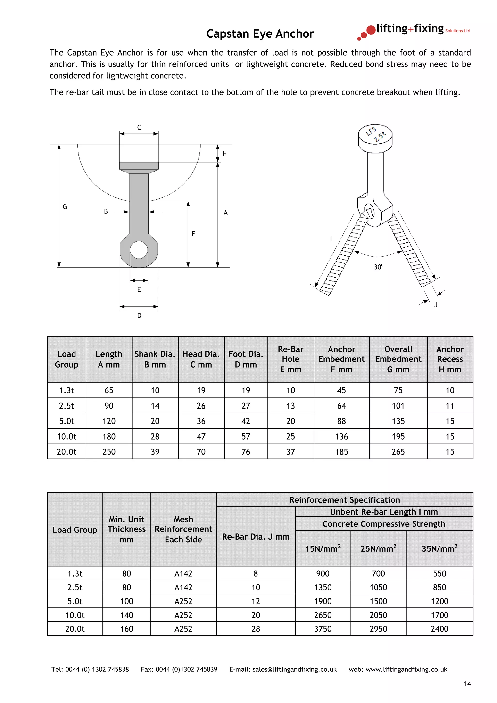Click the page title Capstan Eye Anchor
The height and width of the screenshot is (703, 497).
coord(260,34)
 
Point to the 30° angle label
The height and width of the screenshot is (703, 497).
coord(379,267)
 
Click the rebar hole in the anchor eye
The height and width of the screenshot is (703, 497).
coord(139,250)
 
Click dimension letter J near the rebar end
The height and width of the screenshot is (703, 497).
coord(436,305)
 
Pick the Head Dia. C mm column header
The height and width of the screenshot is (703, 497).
coord(201,359)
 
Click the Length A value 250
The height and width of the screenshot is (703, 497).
coord(109,452)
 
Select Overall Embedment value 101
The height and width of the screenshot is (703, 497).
coord(398,406)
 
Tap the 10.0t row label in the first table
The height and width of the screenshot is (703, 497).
coord(66,437)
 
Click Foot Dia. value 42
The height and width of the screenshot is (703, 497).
coord(246,421)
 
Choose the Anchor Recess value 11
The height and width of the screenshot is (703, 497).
coord(450,406)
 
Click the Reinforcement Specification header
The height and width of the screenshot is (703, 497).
coord(345,500)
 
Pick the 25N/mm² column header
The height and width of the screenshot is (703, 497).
coord(378,549)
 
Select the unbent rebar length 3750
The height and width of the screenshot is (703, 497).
coord(323,629)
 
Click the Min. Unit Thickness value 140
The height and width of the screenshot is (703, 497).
coord(126,615)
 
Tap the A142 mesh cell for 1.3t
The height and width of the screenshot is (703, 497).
coord(183,574)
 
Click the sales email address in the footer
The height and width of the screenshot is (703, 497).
coord(294,670)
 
